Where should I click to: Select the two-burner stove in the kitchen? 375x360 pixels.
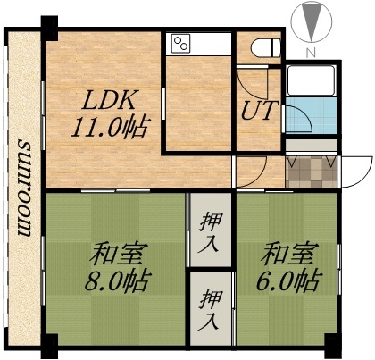click(x=181, y=44)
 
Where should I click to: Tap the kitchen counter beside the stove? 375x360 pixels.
click(x=214, y=44)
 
